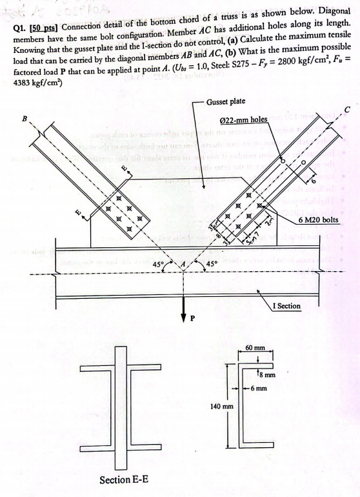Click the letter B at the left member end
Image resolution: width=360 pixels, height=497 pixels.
pos(25,121)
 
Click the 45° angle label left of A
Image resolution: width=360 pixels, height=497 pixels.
pos(158,264)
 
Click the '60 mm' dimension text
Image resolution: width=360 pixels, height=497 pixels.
pos(257,349)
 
